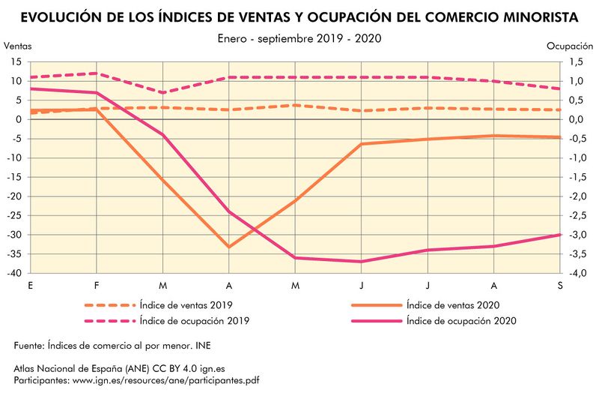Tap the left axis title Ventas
click(18, 46)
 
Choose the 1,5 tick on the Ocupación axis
click(575, 61)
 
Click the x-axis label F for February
click(97, 286)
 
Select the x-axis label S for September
click(560, 286)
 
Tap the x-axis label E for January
click(30, 286)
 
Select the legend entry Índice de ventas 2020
click(452, 305)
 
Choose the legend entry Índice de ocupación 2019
click(195, 320)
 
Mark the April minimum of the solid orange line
click(228, 247)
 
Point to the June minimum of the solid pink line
click(361, 262)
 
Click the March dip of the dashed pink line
click(162, 92)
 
